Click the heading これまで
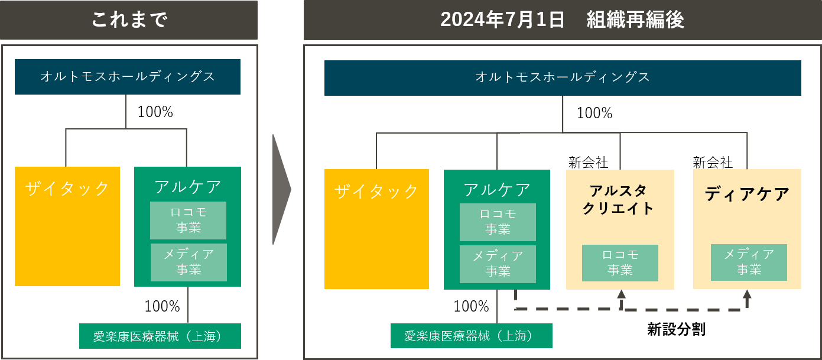(x=129, y=20)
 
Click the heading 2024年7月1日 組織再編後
(x=562, y=20)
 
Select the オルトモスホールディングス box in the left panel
(x=128, y=77)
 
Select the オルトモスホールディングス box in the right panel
(x=563, y=77)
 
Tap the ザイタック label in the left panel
(x=67, y=189)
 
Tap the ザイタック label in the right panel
(x=376, y=191)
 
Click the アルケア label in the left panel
(x=188, y=187)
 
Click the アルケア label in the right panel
(x=497, y=190)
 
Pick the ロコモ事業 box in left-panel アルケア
(x=188, y=220)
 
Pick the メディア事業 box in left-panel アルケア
(x=189, y=262)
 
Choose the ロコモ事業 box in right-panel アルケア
(x=498, y=222)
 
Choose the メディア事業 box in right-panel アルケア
(x=498, y=264)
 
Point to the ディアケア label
(x=747, y=194)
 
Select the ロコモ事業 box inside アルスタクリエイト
(x=620, y=263)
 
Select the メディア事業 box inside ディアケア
(x=749, y=262)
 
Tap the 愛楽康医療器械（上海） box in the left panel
(x=160, y=336)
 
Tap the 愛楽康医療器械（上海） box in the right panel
(x=471, y=336)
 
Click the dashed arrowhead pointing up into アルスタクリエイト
(x=621, y=294)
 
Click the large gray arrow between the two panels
(x=281, y=189)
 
